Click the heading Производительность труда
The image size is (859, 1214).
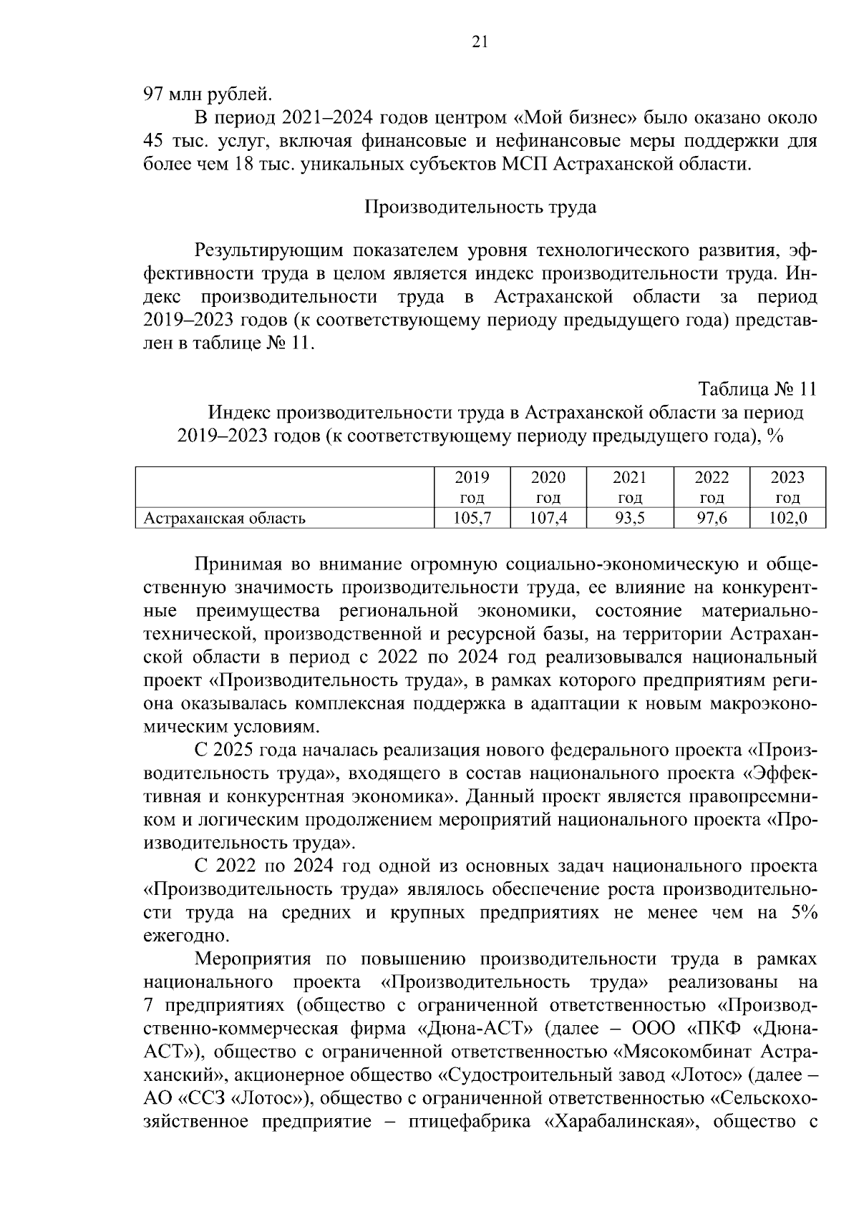(480, 207)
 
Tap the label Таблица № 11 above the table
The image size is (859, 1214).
(757, 389)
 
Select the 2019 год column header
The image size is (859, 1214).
(472, 486)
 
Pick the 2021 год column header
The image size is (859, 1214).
(629, 486)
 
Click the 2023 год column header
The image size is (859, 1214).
(787, 486)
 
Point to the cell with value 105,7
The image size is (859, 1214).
(472, 518)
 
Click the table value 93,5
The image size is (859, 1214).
(629, 518)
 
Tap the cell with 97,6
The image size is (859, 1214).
(712, 518)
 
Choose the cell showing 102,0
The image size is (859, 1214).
(787, 518)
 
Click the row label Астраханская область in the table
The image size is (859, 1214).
(225, 518)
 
